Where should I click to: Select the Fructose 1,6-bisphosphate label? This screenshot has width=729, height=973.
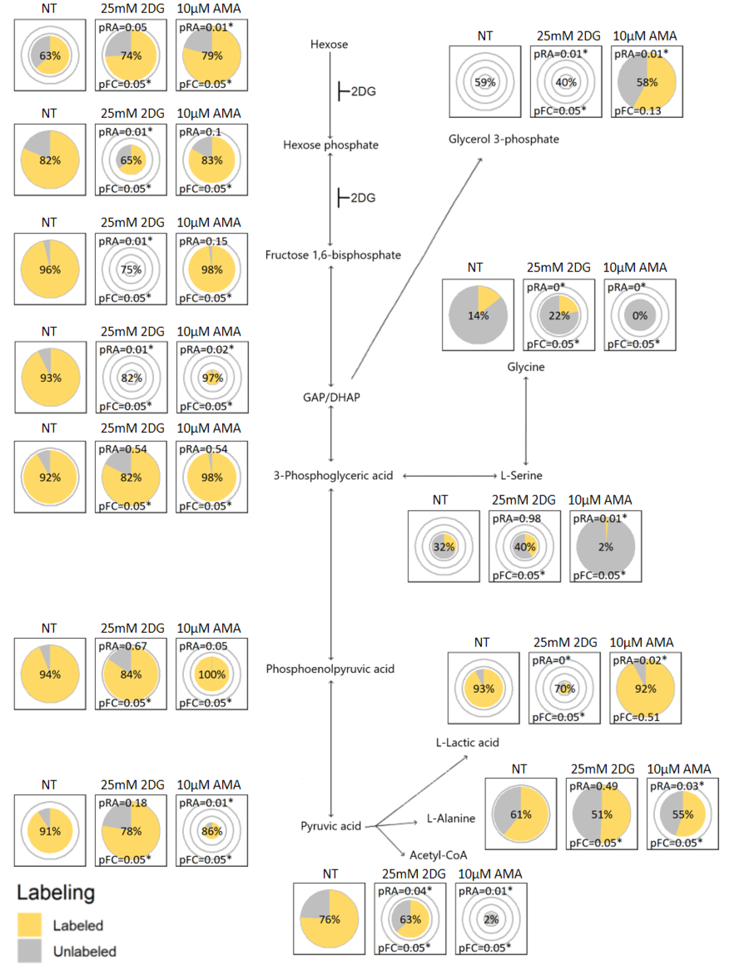pos(333,255)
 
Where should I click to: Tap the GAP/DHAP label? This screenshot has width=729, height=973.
pos(331,397)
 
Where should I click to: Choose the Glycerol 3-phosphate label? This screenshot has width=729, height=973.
pos(503,139)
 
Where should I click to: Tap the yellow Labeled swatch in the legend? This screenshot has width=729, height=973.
pos(30,925)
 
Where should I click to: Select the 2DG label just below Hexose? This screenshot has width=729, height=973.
pos(363,92)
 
